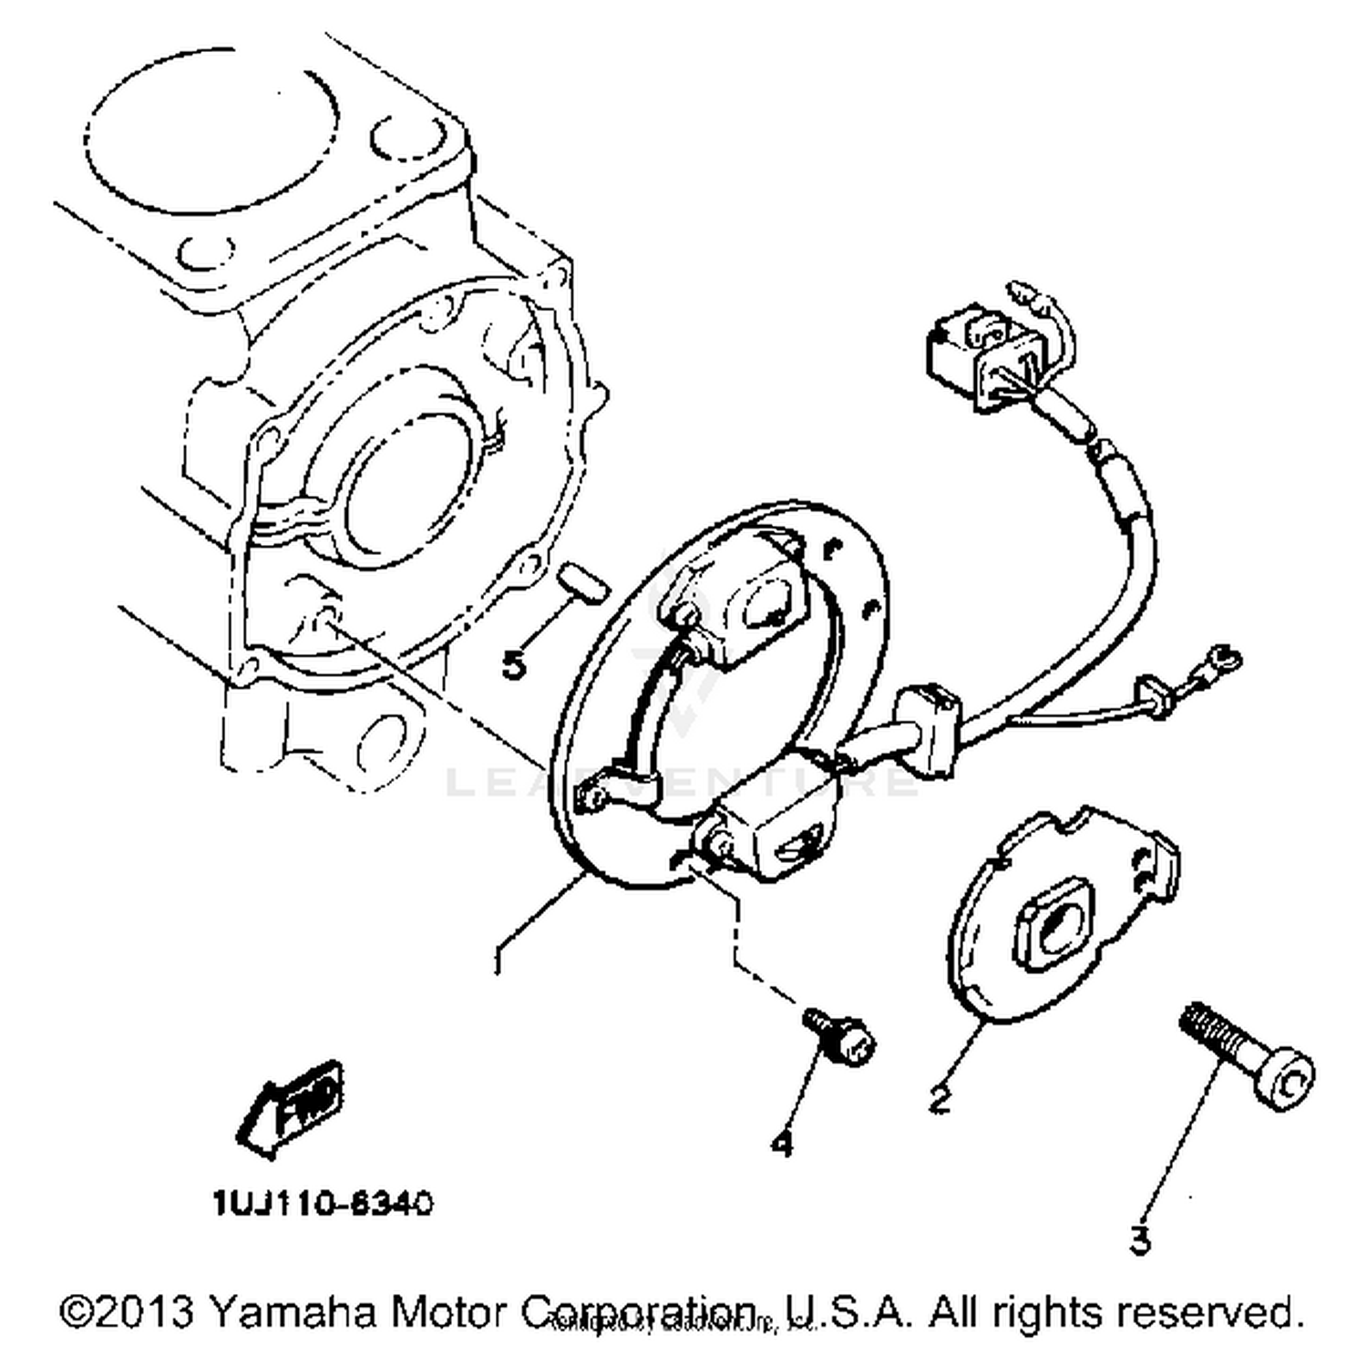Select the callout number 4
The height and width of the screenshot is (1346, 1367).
point(782,1143)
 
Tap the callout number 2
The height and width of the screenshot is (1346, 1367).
point(939,1100)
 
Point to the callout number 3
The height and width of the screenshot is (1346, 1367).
point(1140,1239)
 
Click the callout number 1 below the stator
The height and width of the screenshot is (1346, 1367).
point(498,961)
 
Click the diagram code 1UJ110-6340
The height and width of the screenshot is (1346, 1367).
point(324,1204)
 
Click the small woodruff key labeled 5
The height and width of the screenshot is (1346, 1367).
point(580,583)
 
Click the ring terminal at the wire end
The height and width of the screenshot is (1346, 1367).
point(1220,655)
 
